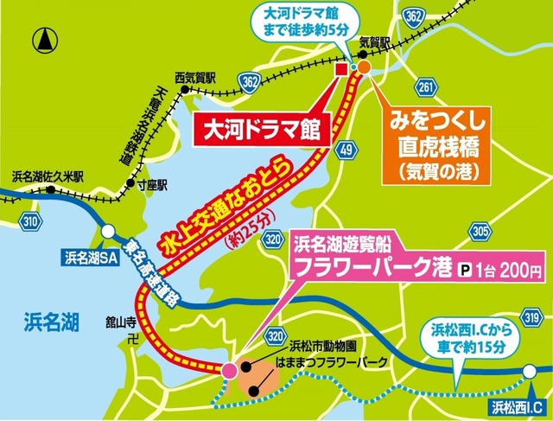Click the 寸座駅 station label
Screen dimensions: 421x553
(x=152, y=184)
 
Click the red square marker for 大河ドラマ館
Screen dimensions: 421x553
(x=341, y=69)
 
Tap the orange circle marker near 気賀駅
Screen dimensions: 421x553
(x=364, y=67)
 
